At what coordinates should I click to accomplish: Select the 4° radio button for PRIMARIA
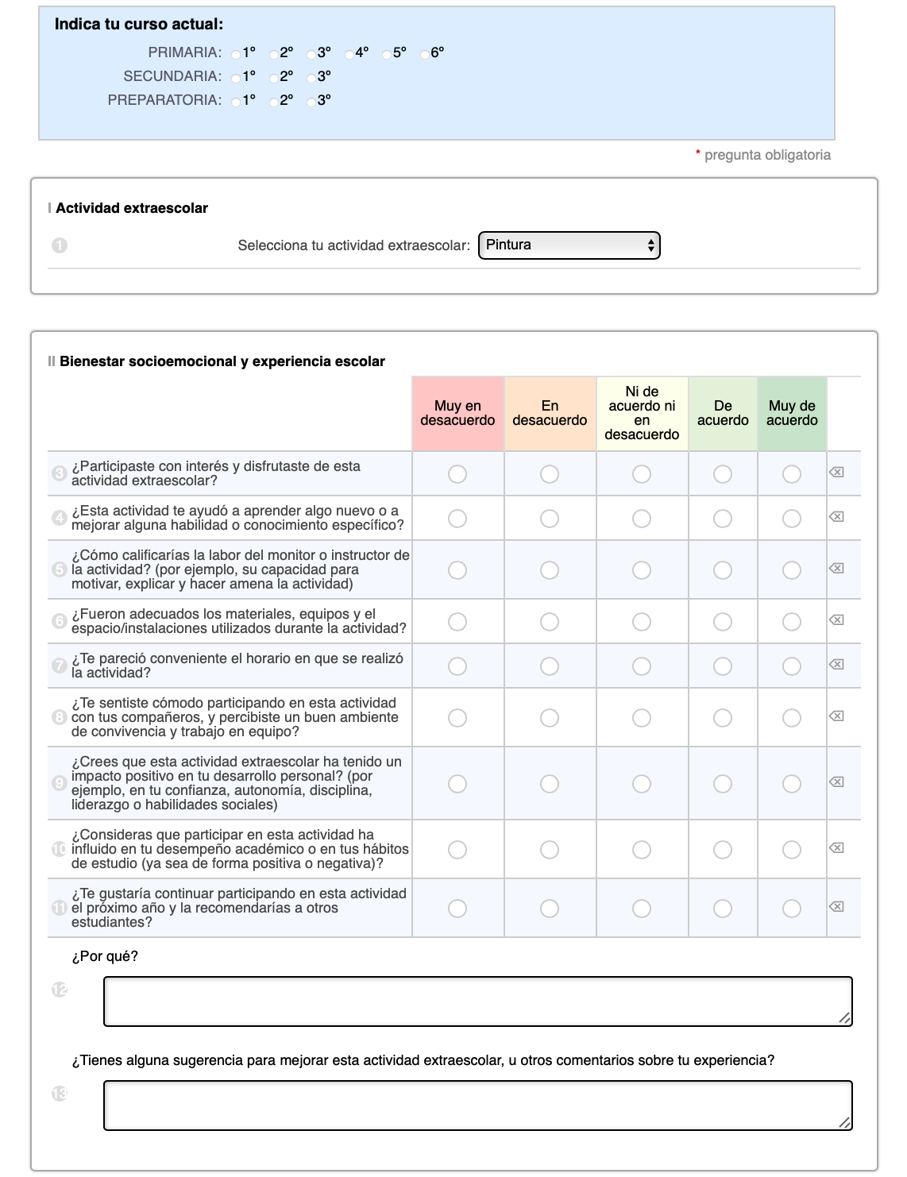tap(350, 54)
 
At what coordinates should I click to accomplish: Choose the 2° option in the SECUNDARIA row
tap(274, 78)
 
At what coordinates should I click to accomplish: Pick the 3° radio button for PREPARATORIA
tap(312, 102)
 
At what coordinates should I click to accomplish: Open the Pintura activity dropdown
tap(569, 245)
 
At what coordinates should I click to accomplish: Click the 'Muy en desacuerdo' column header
tap(457, 413)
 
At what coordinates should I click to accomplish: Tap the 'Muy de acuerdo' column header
tap(792, 413)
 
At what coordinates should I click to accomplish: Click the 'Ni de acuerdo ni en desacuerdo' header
tap(642, 413)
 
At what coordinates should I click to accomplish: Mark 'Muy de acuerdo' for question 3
tap(792, 474)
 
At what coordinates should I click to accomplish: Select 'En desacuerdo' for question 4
tap(550, 519)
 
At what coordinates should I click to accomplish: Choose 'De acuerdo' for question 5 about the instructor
tap(723, 570)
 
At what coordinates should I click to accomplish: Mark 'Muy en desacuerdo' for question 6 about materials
tap(457, 622)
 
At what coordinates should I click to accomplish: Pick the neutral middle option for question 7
tap(642, 666)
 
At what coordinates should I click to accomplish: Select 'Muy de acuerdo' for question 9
tap(792, 784)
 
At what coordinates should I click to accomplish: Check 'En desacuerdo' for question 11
tap(550, 909)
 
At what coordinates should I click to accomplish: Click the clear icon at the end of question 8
tap(836, 716)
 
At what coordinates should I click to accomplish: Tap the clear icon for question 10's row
tap(836, 848)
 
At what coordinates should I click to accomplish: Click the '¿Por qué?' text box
tap(477, 1001)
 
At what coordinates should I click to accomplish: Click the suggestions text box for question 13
tap(477, 1106)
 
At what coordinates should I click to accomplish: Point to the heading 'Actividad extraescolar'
tap(132, 209)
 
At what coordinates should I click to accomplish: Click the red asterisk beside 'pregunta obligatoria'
tap(698, 153)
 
